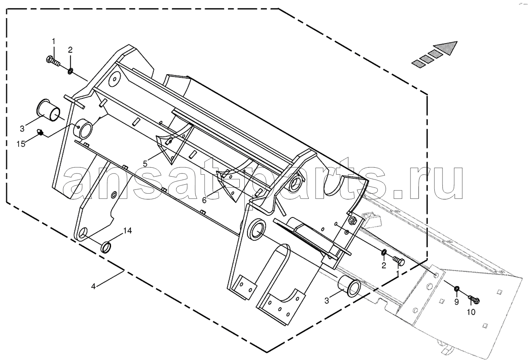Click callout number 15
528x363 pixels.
coord(21,144)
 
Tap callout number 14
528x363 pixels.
coord(127,230)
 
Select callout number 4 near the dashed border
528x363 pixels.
coord(94,287)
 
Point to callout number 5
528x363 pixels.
coord(145,163)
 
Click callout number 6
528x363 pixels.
coord(204,200)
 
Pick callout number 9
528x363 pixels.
coord(456,302)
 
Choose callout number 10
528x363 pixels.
coord(471,312)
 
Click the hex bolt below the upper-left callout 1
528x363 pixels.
coord(53,61)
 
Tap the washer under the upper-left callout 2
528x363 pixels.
coord(70,71)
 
